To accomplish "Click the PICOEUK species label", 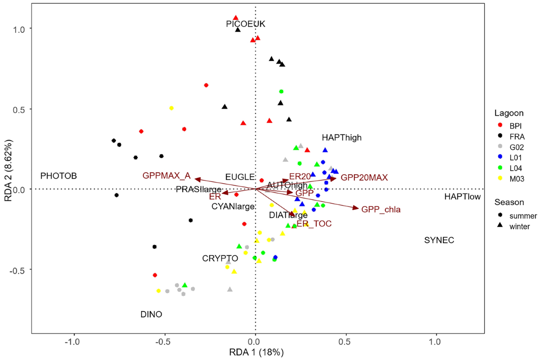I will [246, 24].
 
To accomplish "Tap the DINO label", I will [151, 314].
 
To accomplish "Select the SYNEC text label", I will [439, 241].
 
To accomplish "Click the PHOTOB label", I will [59, 176].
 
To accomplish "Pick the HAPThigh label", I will [341, 138].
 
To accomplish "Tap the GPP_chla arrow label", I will [381, 209].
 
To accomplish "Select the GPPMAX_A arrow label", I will [166, 176].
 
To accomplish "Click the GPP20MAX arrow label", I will [364, 177].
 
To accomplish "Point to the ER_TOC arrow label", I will [314, 223].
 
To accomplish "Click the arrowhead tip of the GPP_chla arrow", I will [358, 208].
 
